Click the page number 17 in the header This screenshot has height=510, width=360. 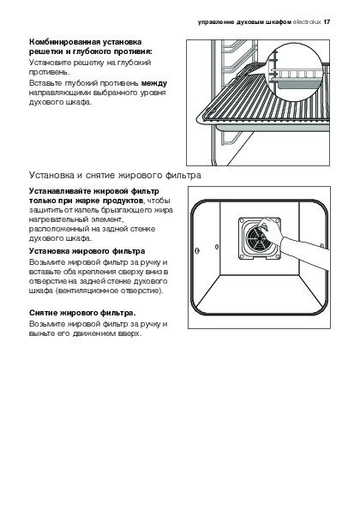[327, 22]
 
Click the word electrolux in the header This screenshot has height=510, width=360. [307, 22]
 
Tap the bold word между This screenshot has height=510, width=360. [154, 83]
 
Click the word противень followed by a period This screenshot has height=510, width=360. [50, 72]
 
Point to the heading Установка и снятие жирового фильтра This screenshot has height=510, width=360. [115, 175]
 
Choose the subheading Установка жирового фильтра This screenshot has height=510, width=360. [87, 251]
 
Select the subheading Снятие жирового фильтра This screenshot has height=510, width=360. [82, 313]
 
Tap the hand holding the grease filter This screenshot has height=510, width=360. [271, 231]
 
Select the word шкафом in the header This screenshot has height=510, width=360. [279, 22]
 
